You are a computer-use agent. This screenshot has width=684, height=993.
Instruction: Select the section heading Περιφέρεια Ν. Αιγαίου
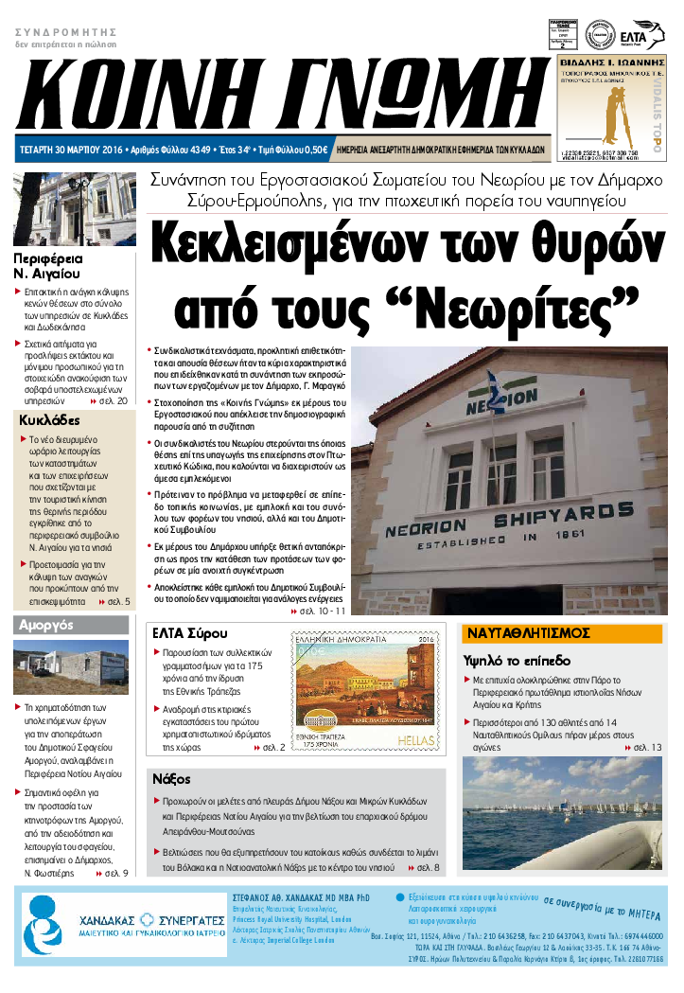tap(48, 265)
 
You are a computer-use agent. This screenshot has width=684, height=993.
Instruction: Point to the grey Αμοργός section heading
tap(46, 625)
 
